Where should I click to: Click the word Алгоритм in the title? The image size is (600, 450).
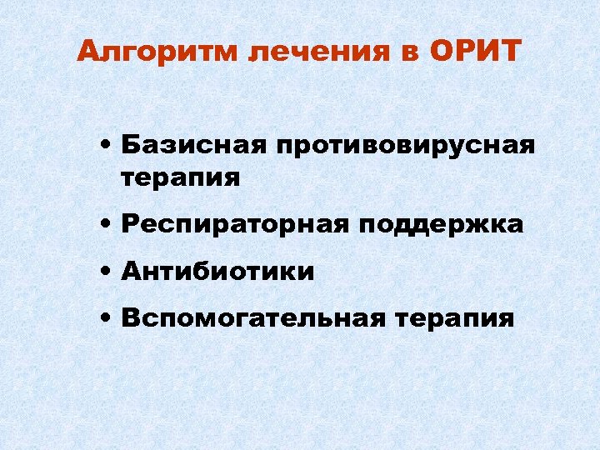pyautogui.click(x=157, y=52)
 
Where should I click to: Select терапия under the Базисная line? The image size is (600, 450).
pyautogui.click(x=181, y=177)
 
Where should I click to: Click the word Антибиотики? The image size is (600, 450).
pyautogui.click(x=217, y=271)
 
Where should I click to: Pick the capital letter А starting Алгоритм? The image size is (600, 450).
pyautogui.click(x=87, y=52)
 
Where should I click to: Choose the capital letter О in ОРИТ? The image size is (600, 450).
pyautogui.click(x=442, y=52)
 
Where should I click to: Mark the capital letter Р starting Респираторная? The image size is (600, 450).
pyautogui.click(x=129, y=225)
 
